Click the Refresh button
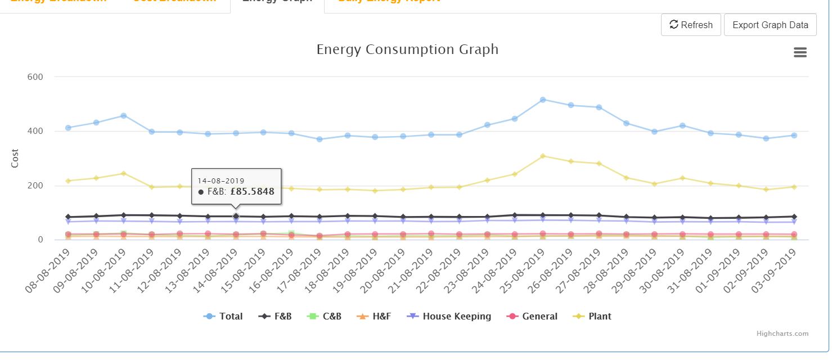[x=691, y=25]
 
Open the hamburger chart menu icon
[x=800, y=52]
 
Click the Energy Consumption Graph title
[x=407, y=49]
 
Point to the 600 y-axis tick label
[x=35, y=76]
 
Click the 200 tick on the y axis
[x=35, y=186]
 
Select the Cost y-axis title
[x=15, y=158]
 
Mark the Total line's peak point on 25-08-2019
[x=543, y=100]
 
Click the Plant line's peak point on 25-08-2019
[x=543, y=156]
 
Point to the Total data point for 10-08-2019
[x=124, y=115]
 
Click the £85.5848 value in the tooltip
[x=253, y=192]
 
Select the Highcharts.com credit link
[x=782, y=334]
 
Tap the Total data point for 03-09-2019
[x=794, y=135]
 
